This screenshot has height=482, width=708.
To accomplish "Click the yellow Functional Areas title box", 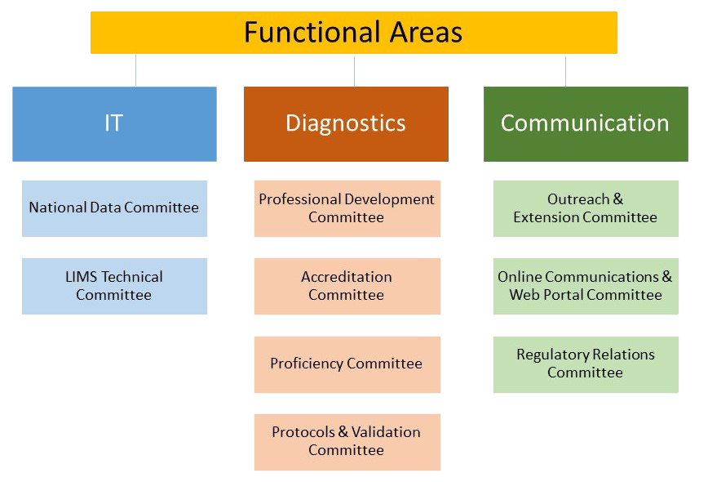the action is tap(354, 33).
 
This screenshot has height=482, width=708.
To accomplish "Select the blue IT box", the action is tap(115, 124).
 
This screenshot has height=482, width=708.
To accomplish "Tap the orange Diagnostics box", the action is tap(347, 124).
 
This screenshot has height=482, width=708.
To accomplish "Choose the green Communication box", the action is tap(586, 124).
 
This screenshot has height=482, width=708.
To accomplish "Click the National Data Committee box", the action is tap(115, 208).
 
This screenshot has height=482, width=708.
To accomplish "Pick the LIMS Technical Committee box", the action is tap(115, 286).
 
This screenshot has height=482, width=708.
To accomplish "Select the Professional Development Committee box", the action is tap(347, 208).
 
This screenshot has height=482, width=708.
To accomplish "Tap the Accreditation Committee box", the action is tap(347, 286).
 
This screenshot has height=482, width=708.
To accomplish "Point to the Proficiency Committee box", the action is tap(347, 364).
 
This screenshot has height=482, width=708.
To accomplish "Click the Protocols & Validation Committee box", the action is tap(347, 442).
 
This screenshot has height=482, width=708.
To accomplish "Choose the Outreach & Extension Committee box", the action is tap(586, 208).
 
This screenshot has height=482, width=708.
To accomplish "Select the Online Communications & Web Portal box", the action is tap(586, 286).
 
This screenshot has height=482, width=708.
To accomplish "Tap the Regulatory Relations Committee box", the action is tap(586, 364).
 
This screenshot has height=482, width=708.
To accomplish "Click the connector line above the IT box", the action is tap(135, 70).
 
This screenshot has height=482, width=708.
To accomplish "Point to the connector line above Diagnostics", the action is tap(355, 70).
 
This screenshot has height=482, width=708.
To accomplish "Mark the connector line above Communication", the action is tap(565, 70).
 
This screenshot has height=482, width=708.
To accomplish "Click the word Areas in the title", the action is tap(427, 32).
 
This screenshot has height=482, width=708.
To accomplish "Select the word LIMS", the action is tap(82, 277).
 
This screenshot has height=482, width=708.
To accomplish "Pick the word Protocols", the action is tap(303, 433).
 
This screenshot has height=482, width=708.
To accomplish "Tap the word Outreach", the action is tap(578, 199).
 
